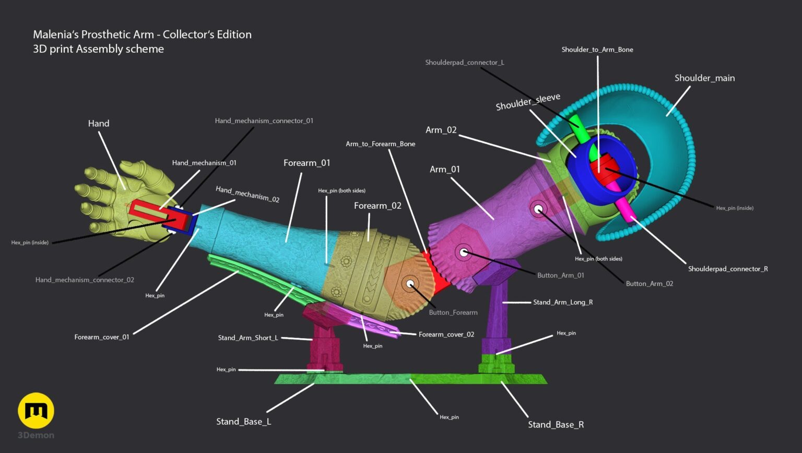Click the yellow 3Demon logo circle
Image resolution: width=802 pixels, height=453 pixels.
pyautogui.click(x=36, y=410)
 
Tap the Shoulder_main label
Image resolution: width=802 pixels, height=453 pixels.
pyautogui.click(x=704, y=78)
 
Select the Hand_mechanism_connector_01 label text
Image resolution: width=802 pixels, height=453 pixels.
pyautogui.click(x=264, y=121)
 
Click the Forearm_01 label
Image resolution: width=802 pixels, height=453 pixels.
pyautogui.click(x=307, y=163)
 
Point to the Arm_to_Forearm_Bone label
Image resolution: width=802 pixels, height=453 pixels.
pyautogui.click(x=381, y=144)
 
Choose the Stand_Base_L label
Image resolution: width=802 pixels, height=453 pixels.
pyautogui.click(x=243, y=422)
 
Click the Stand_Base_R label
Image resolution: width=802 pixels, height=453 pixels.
pyautogui.click(x=556, y=424)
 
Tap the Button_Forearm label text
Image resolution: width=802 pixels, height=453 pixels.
pyautogui.click(x=453, y=313)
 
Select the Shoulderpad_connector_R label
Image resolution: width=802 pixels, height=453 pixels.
pyautogui.click(x=728, y=269)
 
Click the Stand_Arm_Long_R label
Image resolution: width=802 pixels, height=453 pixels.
pyautogui.click(x=563, y=302)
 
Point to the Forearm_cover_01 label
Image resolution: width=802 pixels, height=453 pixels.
pyautogui.click(x=102, y=337)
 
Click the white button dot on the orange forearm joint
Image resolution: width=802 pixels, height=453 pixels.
pyautogui.click(x=410, y=284)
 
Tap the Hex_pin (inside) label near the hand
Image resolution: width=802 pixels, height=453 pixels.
pyautogui.click(x=30, y=242)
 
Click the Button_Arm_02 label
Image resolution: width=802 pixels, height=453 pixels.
pyautogui.click(x=650, y=283)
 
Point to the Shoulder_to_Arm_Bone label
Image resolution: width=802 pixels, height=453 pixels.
pyautogui.click(x=597, y=50)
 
